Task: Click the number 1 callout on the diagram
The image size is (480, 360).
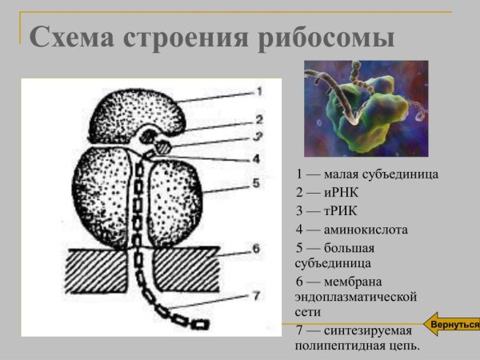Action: (x=258, y=92)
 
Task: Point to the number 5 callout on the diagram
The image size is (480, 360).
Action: (x=256, y=183)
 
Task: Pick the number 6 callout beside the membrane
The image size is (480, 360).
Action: (x=256, y=249)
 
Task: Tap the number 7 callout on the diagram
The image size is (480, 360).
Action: (x=256, y=296)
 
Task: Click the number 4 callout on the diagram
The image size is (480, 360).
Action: (x=256, y=158)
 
